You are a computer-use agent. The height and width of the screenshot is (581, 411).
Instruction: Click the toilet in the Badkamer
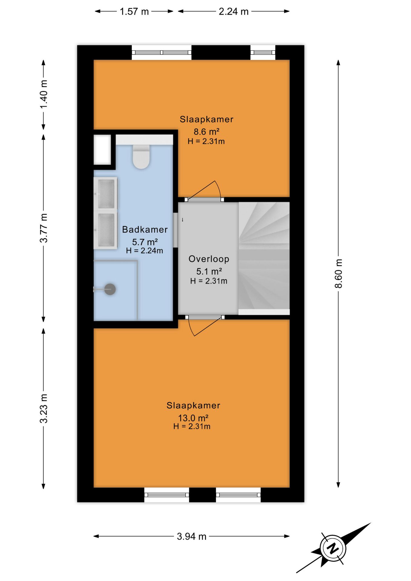(x=141, y=156)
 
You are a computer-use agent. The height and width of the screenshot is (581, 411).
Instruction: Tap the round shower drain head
(x=110, y=289)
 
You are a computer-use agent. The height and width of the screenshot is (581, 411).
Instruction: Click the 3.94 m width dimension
(x=192, y=536)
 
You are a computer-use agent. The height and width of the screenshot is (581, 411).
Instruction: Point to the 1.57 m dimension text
(x=134, y=11)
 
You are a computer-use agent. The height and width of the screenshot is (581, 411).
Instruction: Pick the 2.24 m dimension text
(x=233, y=11)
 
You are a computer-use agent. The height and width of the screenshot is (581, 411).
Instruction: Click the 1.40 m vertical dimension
(x=44, y=94)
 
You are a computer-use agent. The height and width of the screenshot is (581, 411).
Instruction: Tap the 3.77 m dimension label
(x=44, y=228)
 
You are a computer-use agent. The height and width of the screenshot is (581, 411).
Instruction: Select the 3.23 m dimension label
(x=44, y=409)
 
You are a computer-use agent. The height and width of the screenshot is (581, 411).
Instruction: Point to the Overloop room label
(x=209, y=259)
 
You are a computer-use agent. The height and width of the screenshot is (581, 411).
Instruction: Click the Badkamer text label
(x=145, y=229)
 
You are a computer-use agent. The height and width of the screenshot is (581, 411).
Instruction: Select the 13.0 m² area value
(x=193, y=418)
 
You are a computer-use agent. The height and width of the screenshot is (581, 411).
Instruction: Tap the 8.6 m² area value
(x=206, y=132)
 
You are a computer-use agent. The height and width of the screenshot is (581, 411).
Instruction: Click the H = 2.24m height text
(x=144, y=251)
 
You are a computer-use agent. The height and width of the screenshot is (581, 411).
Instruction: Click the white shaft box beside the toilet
(x=102, y=150)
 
